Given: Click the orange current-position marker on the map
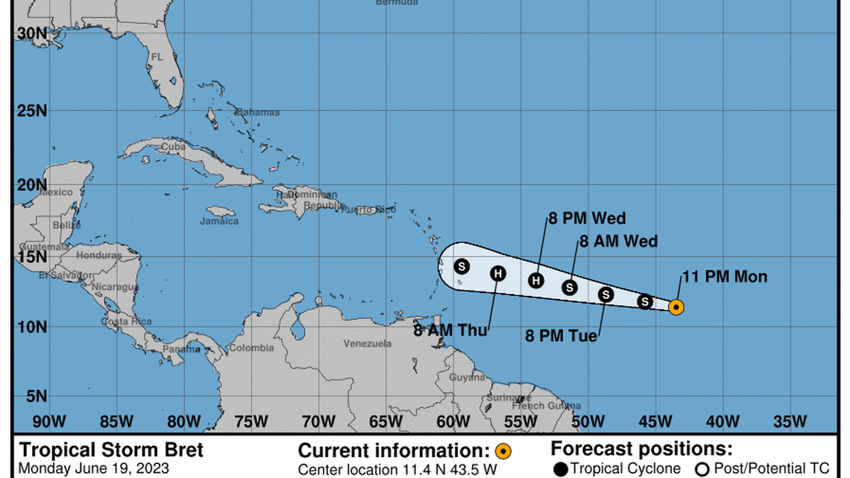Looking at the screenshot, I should pos(676,306).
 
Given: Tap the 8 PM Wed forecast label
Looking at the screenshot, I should pos(587,218).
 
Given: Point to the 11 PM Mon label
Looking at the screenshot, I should pos(724,277).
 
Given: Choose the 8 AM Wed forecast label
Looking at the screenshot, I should pos(618,241).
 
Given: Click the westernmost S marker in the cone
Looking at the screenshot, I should pos(462,266).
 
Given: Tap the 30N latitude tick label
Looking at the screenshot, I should pos(31,34).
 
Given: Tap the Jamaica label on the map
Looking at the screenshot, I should pos(219,221).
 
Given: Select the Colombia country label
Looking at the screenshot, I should pos(251,348).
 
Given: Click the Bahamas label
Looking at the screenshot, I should pos(259,113).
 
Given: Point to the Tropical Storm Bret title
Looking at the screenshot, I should pos(110,450).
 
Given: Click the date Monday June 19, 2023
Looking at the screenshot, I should pos(93,469).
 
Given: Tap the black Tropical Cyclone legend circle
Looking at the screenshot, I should pos(560,469).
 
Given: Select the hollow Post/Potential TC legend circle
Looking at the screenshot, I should pos(701,469).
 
